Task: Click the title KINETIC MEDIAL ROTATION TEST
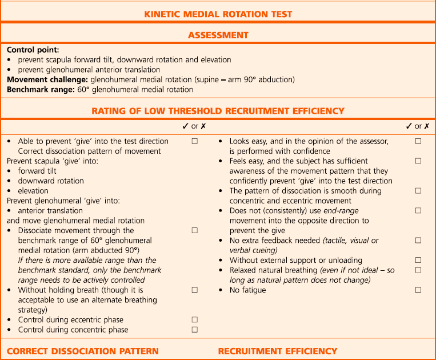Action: pos(218,14)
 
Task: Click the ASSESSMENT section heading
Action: pos(218,35)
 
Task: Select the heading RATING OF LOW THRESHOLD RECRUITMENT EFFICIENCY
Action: pos(218,111)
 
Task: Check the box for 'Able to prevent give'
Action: pos(195,141)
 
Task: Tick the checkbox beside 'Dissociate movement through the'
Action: pos(195,230)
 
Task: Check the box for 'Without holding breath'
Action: pos(195,290)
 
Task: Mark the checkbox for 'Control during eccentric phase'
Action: pos(195,320)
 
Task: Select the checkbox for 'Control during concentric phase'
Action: pos(195,330)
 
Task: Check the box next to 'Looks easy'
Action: pos(418,141)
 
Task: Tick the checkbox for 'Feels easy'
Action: pos(418,161)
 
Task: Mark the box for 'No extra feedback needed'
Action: pos(418,241)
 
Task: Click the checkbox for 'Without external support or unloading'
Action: pos(418,260)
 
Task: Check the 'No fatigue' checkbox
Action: pos(418,290)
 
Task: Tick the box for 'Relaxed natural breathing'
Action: pos(418,270)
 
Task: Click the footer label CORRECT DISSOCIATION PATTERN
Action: pos(82,351)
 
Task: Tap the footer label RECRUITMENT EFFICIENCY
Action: pos(278,351)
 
